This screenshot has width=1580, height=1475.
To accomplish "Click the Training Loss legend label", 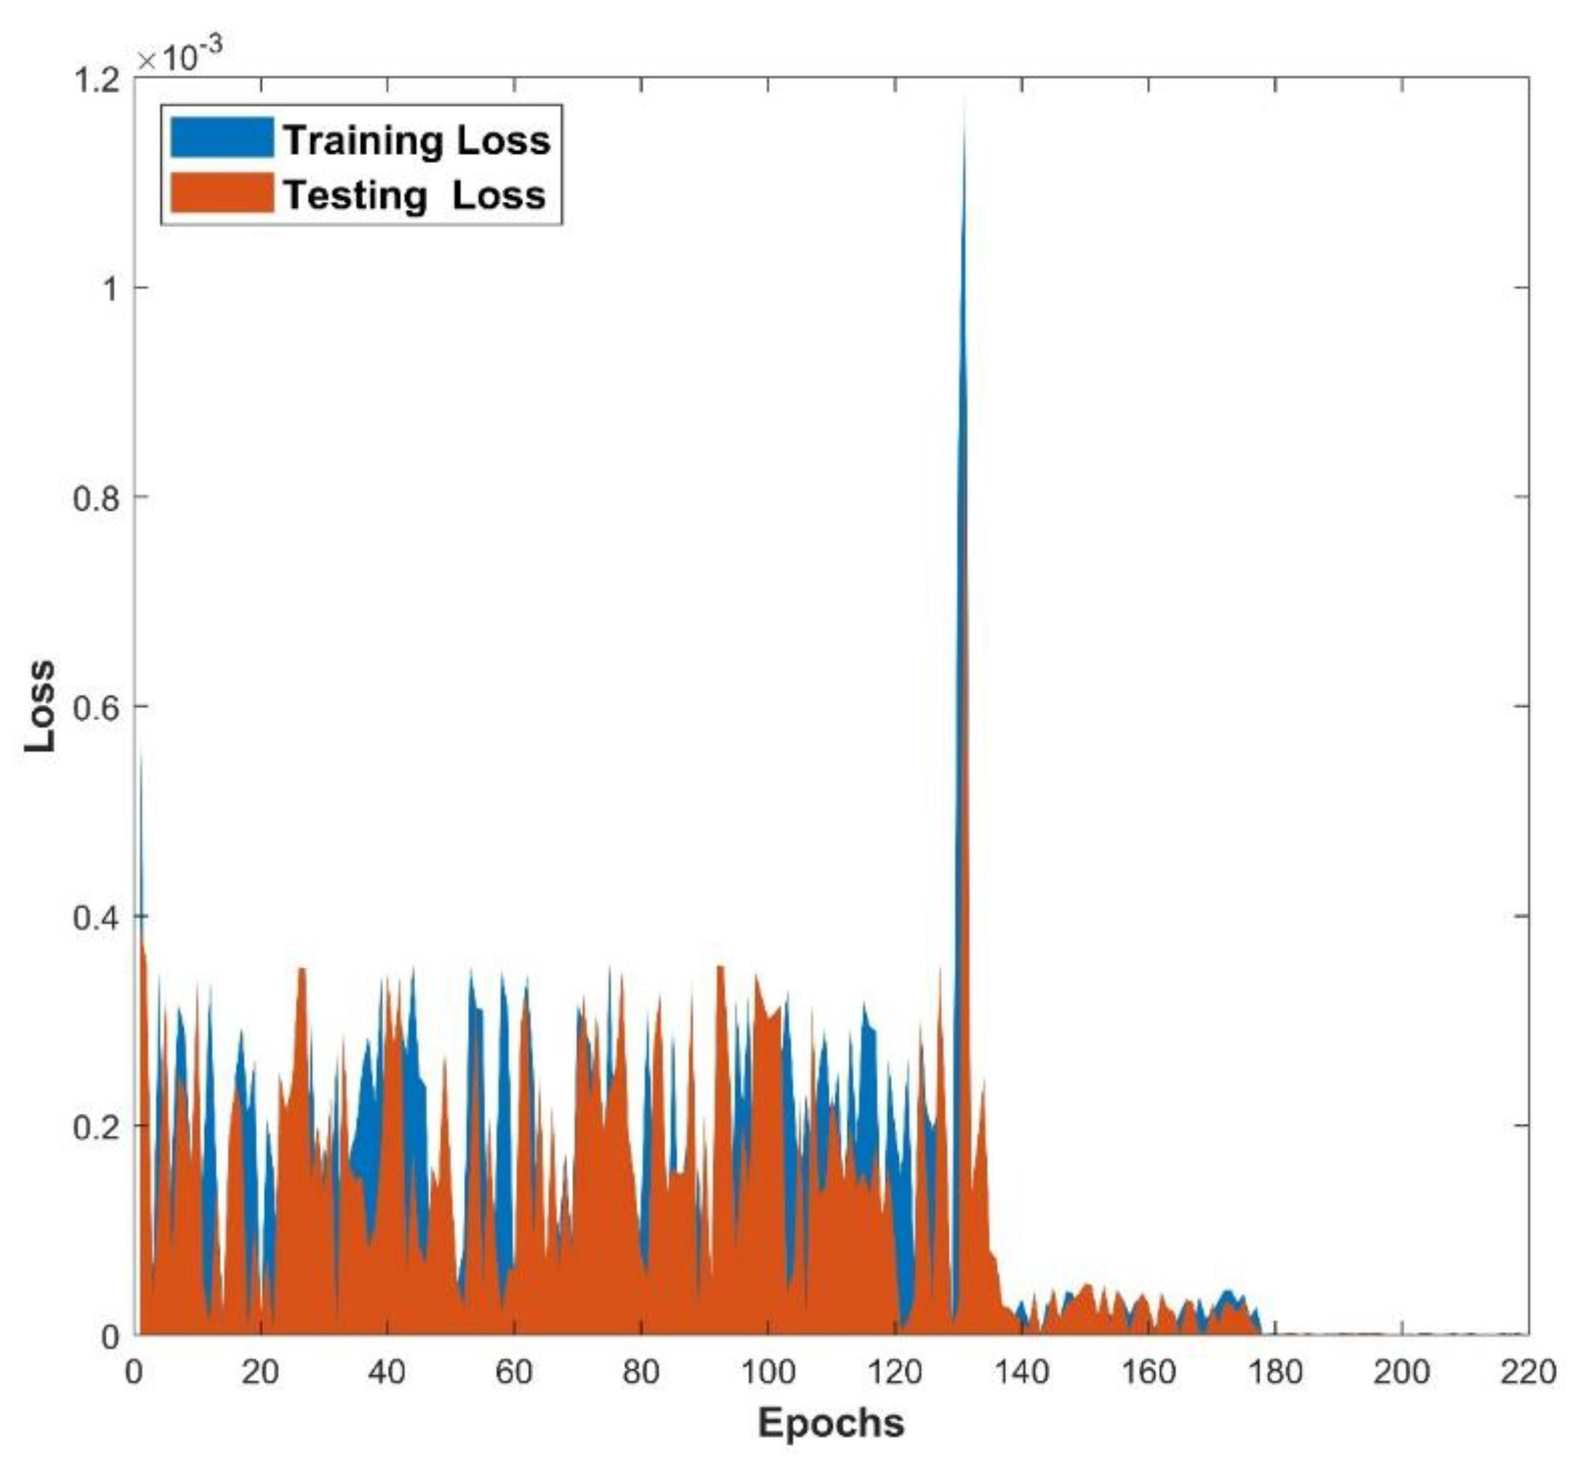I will point(417,140).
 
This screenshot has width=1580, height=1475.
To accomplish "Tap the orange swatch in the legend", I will point(221,193).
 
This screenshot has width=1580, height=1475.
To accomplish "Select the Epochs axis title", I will point(831,1422).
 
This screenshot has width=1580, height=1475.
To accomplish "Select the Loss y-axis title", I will point(40,706).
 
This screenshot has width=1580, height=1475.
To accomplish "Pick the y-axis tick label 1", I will point(109,289).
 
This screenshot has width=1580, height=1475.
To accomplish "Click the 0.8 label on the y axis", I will point(96,498).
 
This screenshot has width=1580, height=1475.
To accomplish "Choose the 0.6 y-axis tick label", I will point(96,707).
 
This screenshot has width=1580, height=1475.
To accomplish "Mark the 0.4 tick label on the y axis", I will point(96,917).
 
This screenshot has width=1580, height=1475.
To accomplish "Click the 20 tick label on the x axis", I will point(260,1372).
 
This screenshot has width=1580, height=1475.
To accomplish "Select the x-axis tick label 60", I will point(513,1372).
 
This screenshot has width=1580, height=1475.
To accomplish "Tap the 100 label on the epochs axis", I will point(767,1372).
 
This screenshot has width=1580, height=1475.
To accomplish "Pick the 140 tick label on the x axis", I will point(1021,1372).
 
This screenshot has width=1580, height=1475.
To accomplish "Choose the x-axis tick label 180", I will point(1275,1372).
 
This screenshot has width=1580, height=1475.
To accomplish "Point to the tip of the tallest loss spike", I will point(964,99).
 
